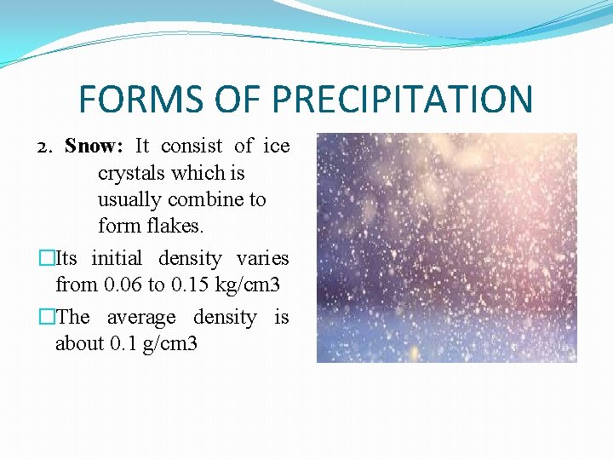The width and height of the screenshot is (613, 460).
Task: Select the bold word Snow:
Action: [x=95, y=146]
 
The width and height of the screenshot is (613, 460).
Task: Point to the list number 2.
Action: [x=46, y=147]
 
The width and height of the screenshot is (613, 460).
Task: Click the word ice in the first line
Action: [x=276, y=146]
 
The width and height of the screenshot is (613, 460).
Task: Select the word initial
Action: [x=118, y=258]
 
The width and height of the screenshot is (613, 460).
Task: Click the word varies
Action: [x=262, y=258]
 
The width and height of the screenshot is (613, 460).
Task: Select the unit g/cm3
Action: [x=170, y=344]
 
